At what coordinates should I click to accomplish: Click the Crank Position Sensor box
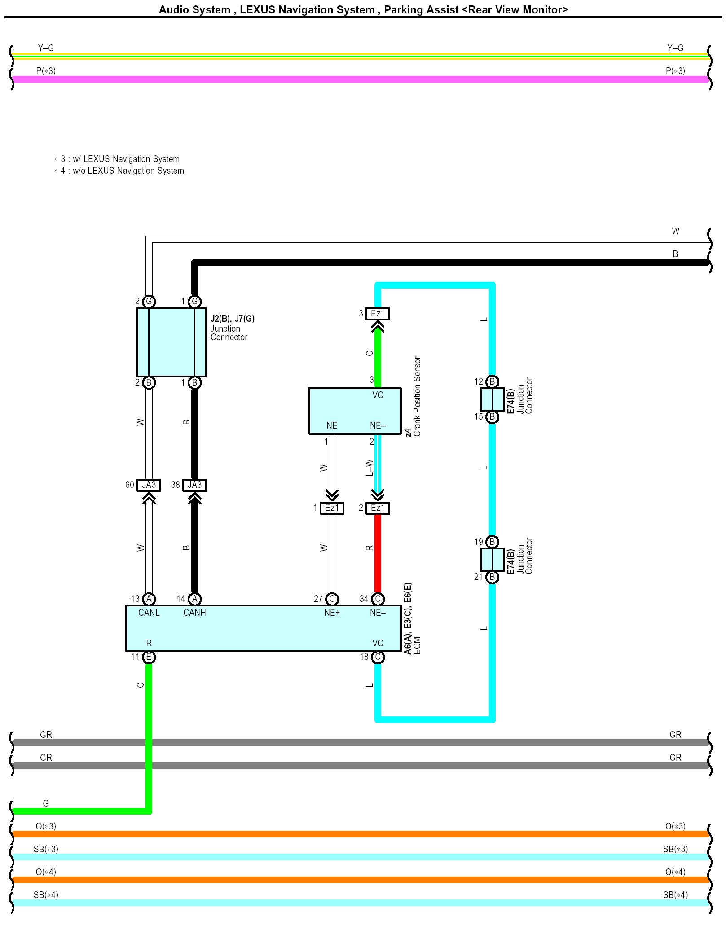coord(354,411)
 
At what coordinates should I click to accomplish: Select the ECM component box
coord(263,628)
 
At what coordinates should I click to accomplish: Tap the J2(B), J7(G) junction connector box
coord(172,342)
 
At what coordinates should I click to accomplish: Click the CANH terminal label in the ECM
coord(194,613)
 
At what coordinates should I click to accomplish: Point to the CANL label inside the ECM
coord(149,613)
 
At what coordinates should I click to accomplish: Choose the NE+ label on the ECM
coord(332,613)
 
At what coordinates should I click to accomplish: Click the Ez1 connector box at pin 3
coord(378,314)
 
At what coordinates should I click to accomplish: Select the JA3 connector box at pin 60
coord(149,485)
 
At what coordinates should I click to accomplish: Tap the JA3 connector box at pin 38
coord(194,485)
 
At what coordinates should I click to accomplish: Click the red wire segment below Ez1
coord(378,552)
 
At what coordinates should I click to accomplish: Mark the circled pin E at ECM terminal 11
coord(149,658)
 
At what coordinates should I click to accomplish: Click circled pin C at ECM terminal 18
coord(378,658)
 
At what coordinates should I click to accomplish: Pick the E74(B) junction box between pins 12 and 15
coord(492,399)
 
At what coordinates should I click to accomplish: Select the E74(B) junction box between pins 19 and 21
coord(492,559)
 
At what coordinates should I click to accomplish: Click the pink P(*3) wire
coord(359,79)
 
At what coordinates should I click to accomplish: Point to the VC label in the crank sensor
coord(378,395)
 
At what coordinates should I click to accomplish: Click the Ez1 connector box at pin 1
coord(332,508)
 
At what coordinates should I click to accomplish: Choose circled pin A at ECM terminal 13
coord(149,599)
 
